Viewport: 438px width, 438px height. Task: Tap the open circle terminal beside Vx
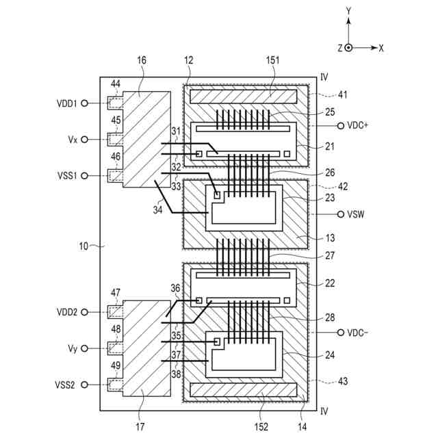84,140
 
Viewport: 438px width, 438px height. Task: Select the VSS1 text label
66,176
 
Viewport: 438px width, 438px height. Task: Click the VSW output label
357,214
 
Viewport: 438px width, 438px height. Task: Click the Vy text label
72,348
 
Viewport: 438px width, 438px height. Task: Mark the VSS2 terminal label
66,385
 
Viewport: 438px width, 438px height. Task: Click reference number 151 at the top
272,61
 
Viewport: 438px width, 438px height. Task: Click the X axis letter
381,48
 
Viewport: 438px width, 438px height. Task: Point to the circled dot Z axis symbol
348,48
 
